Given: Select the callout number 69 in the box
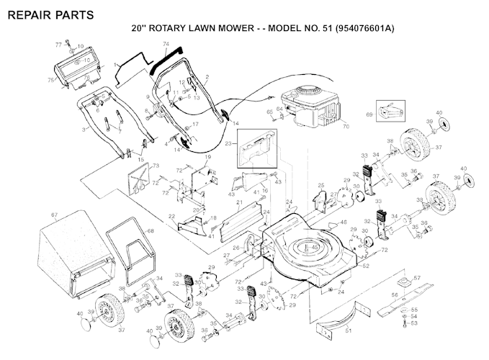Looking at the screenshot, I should [x=370, y=114].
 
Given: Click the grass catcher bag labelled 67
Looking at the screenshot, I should [x=72, y=252].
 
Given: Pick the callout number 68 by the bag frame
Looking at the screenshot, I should [x=151, y=230].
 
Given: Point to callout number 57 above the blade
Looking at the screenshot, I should [x=417, y=276].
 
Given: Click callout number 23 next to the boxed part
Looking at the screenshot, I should [x=230, y=144].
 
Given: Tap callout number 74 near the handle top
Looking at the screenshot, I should [x=166, y=44].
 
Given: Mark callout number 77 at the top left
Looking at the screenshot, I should [x=58, y=44].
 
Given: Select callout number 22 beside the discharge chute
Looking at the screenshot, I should [x=171, y=217].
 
